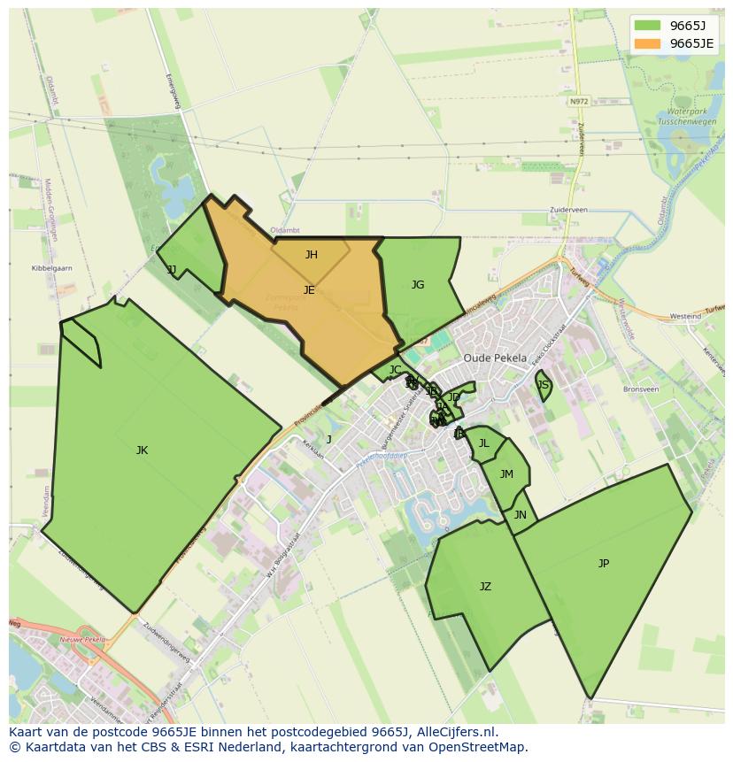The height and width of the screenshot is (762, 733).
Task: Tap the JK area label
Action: pyautogui.click(x=142, y=450)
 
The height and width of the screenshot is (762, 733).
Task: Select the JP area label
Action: pyautogui.click(x=604, y=563)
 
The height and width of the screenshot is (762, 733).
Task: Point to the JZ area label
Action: pyautogui.click(x=485, y=587)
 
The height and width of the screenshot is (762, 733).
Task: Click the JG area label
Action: pyautogui.click(x=418, y=285)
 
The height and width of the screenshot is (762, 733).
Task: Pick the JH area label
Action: pyautogui.click(x=312, y=255)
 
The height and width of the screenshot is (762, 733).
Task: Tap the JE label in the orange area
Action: pyautogui.click(x=309, y=289)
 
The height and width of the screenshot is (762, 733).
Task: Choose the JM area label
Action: pyautogui.click(x=506, y=474)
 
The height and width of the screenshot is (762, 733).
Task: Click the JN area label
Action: pyautogui.click(x=521, y=515)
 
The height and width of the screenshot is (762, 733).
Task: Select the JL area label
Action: pyautogui.click(x=483, y=443)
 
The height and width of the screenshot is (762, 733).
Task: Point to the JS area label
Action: pyautogui.click(x=544, y=385)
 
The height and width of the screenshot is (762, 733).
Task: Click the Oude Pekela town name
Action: pyautogui.click(x=495, y=358)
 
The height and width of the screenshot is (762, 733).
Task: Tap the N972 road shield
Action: pyautogui.click(x=579, y=102)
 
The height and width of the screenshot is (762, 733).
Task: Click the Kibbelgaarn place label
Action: pyautogui.click(x=51, y=267)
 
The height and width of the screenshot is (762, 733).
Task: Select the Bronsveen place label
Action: pyautogui.click(x=641, y=389)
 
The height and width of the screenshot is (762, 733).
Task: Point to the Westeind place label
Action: pyautogui.click(x=685, y=316)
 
